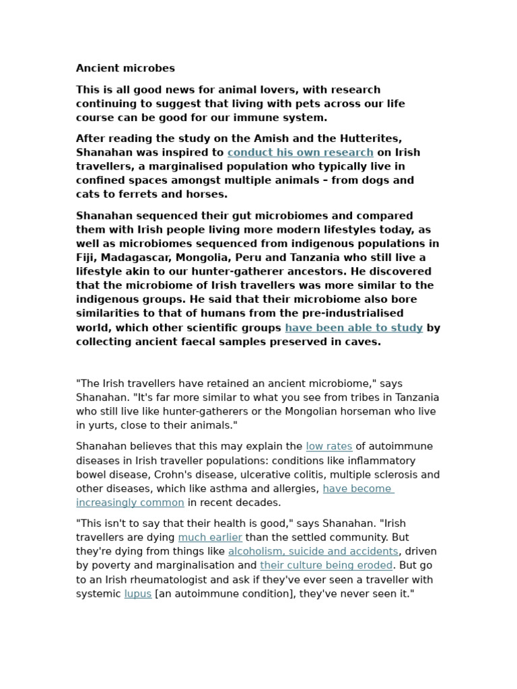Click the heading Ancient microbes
pos(125,68)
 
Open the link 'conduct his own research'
pos(300,152)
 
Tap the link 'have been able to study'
pos(353,328)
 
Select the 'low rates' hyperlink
pos(329,446)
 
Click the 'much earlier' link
pos(210,537)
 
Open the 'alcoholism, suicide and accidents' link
pos(313,551)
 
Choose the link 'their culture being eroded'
pos(326,565)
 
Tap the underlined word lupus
pos(137,593)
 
